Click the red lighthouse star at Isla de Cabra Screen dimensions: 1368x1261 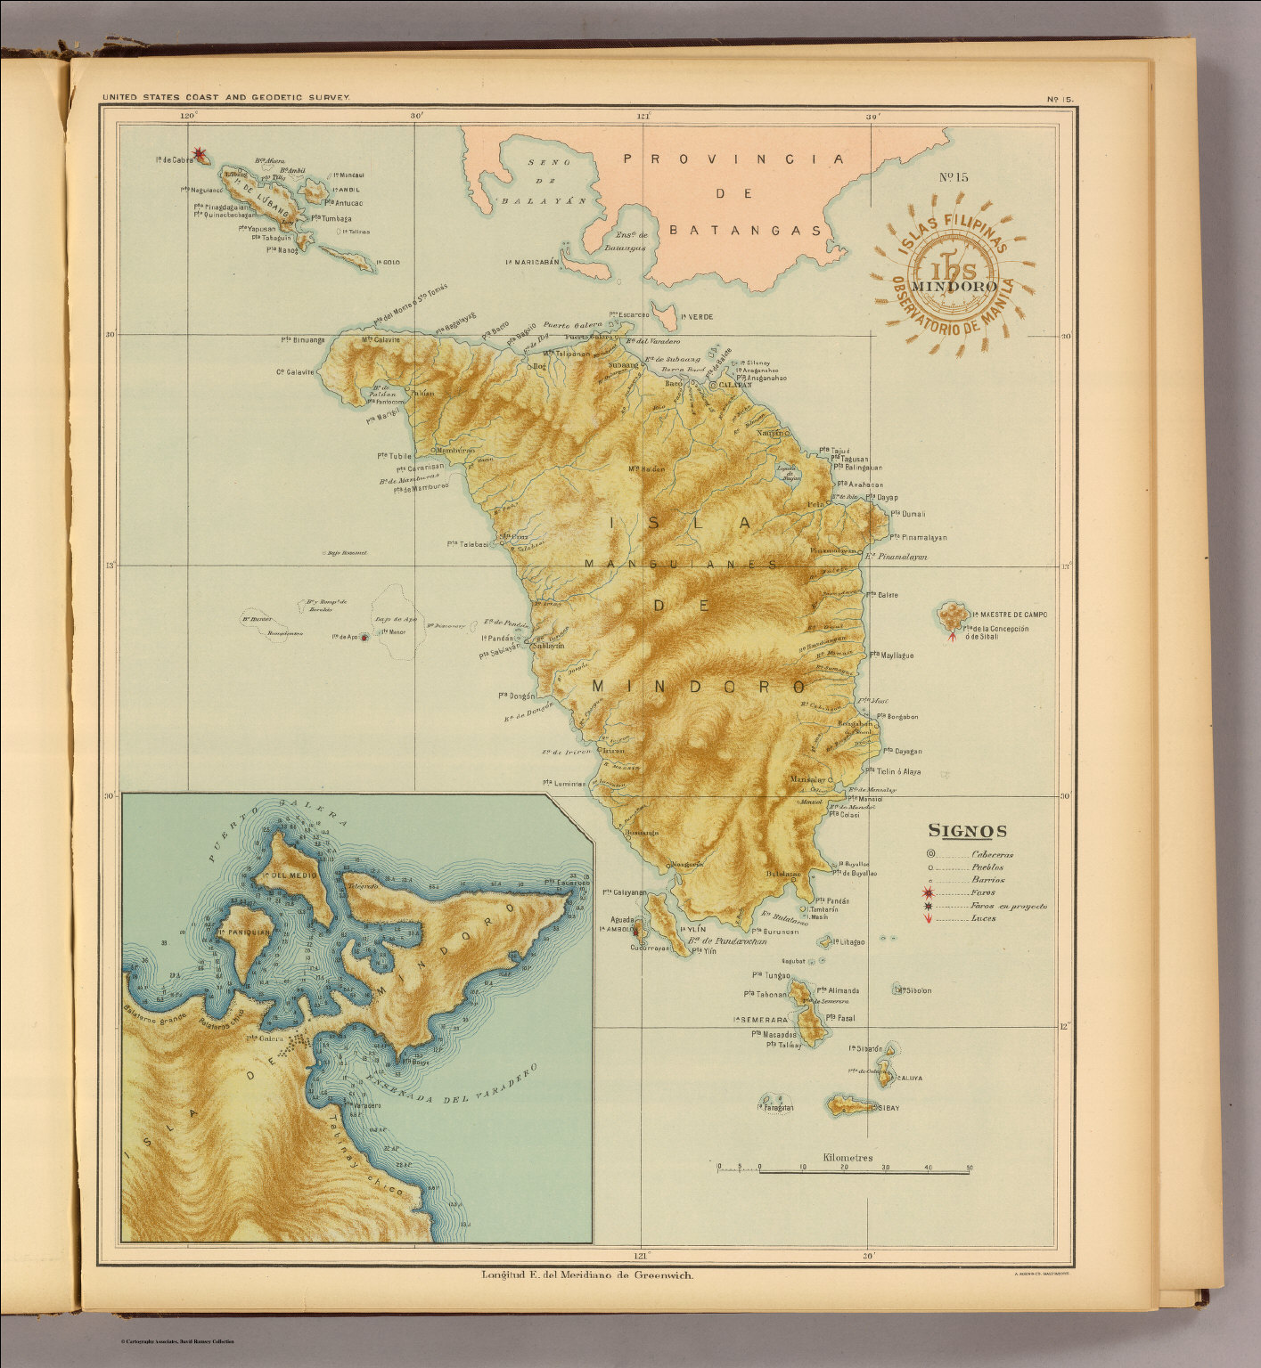(x=201, y=157)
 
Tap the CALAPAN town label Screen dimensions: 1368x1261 (x=736, y=385)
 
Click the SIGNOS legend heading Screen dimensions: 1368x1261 (x=968, y=832)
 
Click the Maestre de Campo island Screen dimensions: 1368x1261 (x=954, y=615)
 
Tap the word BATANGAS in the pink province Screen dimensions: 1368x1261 (x=745, y=230)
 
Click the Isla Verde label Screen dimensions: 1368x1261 (x=696, y=316)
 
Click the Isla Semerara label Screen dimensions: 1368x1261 (x=760, y=1019)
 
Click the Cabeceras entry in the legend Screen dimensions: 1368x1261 (x=991, y=854)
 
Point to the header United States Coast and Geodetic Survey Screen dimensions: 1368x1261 (x=226, y=96)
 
